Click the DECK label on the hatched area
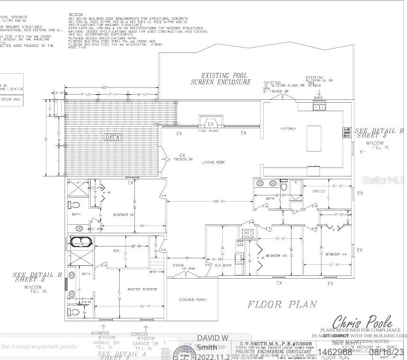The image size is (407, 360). (x=113, y=137)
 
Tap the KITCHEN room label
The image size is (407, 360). (x=288, y=129)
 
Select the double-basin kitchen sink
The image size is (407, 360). (x=320, y=107)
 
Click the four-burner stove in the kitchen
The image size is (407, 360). (x=347, y=132)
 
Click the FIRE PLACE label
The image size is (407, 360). (x=208, y=131)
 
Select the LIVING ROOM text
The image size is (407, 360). (x=213, y=162)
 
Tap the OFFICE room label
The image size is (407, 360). (x=319, y=192)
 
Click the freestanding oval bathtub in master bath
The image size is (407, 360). (x=82, y=242)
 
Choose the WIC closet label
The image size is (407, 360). (x=116, y=251)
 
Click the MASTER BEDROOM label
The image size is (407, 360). (x=142, y=289)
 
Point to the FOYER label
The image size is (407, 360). (x=178, y=265)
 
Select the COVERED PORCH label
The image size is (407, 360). (x=193, y=300)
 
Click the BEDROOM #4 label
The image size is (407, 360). (x=336, y=255)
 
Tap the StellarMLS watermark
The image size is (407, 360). (x=383, y=180)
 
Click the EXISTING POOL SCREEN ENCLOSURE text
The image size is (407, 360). (x=221, y=79)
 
